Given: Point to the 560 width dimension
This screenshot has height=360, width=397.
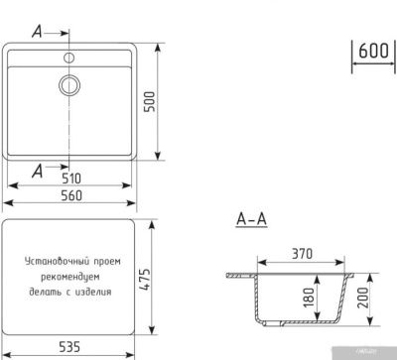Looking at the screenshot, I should pos(70,195).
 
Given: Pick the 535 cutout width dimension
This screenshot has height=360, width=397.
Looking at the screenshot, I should pos(69,349).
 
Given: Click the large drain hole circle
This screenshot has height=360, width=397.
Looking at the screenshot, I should pos(71,85).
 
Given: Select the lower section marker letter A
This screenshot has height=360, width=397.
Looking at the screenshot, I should pos(36,172).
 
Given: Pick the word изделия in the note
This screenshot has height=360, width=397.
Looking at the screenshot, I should pos(95,293).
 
